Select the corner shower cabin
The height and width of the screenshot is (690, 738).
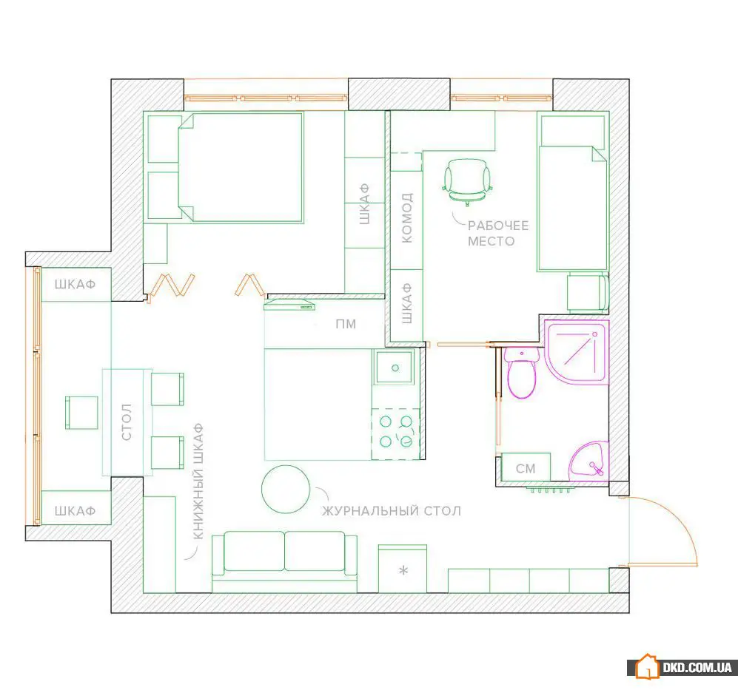[577, 351]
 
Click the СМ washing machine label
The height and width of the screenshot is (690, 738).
[526, 468]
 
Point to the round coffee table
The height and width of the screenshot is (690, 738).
[286, 489]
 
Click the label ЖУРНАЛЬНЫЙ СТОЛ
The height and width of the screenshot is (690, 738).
[392, 511]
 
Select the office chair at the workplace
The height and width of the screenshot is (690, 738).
[467, 181]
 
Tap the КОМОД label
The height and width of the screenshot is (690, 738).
[406, 217]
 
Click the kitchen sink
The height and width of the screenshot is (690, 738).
[395, 367]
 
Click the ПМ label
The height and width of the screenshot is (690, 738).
[346, 324]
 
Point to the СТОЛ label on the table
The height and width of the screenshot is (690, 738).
[126, 422]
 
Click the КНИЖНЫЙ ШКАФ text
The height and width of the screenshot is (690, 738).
[198, 481]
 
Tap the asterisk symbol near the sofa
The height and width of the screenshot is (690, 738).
[403, 571]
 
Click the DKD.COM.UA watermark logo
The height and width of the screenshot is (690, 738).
[683, 667]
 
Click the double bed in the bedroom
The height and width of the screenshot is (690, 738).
[241, 167]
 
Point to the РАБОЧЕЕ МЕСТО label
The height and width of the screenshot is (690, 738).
[498, 233]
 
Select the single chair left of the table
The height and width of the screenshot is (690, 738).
[81, 413]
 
